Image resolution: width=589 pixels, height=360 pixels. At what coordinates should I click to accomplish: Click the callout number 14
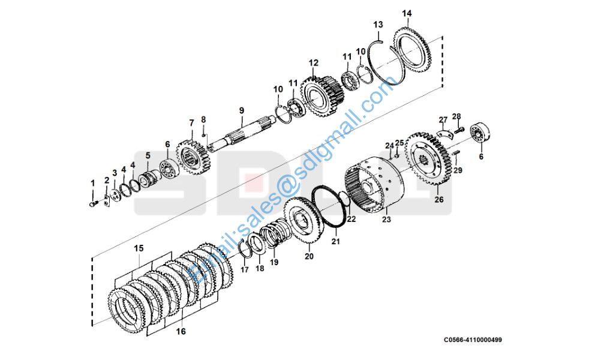(407, 13)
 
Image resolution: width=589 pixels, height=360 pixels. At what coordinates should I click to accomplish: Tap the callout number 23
(386, 220)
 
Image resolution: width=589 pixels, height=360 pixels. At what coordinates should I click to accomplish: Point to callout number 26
(439, 200)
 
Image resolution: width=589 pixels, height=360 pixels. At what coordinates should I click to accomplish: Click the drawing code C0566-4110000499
(473, 340)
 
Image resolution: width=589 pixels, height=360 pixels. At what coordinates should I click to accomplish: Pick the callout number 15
(139, 248)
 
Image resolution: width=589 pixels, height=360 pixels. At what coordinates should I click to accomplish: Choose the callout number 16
(181, 331)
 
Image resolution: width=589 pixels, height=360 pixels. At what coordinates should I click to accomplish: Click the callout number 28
(456, 116)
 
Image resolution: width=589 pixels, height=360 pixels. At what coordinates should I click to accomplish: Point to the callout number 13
(378, 25)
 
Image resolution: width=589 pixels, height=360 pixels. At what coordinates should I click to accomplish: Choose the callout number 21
(336, 242)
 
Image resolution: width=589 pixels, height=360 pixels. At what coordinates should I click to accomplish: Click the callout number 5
(148, 155)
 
